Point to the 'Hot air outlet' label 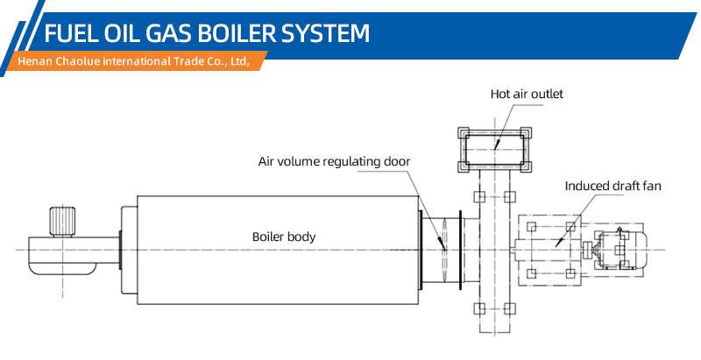527,94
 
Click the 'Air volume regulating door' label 334,161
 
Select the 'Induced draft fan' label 612,186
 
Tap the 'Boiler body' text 284,236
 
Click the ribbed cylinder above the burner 63,221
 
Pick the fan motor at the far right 620,250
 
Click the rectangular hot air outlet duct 495,149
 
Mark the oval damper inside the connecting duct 443,250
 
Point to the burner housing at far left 62,255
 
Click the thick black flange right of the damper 461,250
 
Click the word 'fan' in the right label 652,186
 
